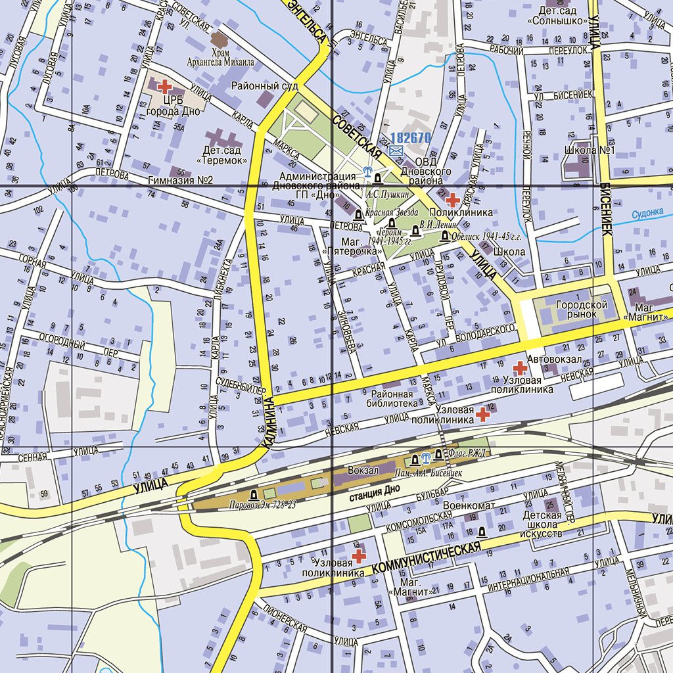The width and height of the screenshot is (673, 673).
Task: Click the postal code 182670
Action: (x=409, y=138)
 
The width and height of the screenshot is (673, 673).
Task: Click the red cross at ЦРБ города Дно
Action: (x=164, y=85)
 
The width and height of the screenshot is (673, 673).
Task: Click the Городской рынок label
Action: (x=576, y=310)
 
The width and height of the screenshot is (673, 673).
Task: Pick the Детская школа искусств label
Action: (x=542, y=524)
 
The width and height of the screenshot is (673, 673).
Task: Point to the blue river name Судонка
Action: (x=647, y=213)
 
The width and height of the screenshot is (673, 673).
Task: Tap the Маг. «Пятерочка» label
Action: (x=344, y=246)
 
